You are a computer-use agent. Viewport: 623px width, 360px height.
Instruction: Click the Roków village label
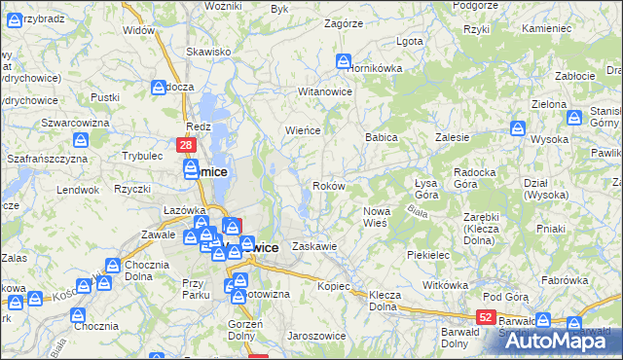(x=329, y=186)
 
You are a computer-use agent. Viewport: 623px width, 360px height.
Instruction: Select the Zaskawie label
(x=314, y=246)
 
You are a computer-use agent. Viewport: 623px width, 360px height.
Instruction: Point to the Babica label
(x=382, y=137)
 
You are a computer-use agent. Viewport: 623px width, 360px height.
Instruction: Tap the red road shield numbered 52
(x=486, y=317)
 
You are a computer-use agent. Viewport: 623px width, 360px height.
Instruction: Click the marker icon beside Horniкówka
(x=344, y=61)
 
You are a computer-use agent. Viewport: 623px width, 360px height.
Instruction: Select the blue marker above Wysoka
(x=519, y=126)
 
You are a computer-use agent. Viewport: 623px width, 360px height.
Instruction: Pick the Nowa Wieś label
(x=375, y=217)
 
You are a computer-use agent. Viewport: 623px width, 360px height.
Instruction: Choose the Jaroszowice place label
(x=312, y=336)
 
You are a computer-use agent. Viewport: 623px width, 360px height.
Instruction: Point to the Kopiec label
(x=333, y=287)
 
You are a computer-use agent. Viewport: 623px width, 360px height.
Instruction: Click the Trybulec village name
(x=141, y=156)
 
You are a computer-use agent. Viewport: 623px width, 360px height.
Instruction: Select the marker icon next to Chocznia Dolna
(x=114, y=266)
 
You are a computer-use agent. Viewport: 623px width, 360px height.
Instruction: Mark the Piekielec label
(x=427, y=254)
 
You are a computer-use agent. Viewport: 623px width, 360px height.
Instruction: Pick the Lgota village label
(x=410, y=42)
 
